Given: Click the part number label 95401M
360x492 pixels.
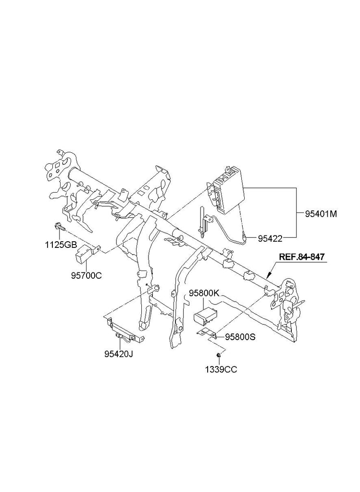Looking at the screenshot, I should tap(320, 214).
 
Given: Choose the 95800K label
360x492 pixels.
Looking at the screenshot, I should tap(204, 293).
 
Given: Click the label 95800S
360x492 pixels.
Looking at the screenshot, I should tap(240, 337).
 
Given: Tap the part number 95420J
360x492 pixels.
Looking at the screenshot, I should tap(119, 355).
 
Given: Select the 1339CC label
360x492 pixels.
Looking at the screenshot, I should tap(222, 369).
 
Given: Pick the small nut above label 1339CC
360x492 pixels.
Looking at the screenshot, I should tap(219, 355).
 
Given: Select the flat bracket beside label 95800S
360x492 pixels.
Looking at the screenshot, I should tap(205, 333).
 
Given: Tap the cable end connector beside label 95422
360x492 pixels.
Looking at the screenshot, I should tap(246, 236).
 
